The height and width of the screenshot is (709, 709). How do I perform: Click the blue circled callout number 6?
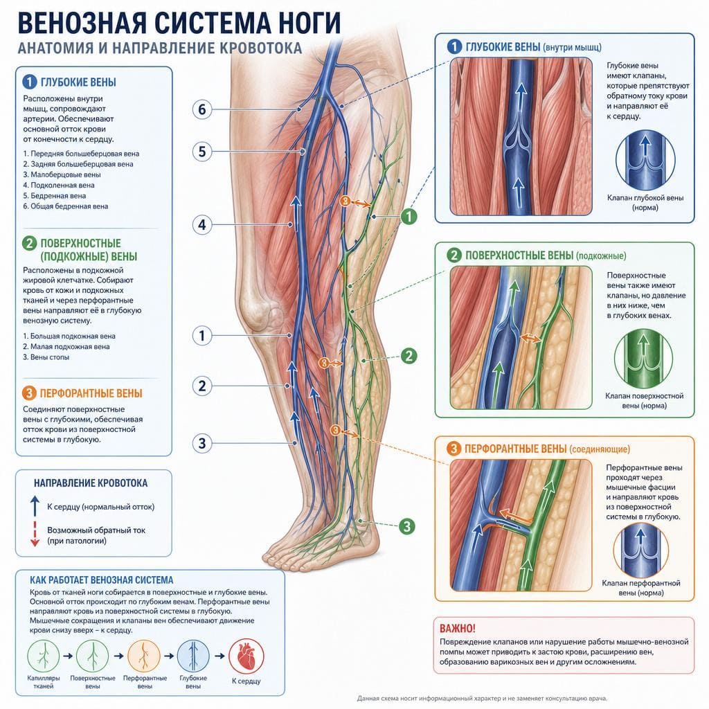pos(202,109)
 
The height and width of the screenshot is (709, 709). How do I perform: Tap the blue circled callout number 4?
pos(202,225)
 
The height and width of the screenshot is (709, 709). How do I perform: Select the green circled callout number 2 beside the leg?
pos(409,356)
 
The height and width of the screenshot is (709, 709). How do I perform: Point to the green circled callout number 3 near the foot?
pos(407,526)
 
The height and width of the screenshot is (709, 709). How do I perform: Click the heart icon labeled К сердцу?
pos(246,656)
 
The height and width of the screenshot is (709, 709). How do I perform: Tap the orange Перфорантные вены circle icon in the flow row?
pos(144,656)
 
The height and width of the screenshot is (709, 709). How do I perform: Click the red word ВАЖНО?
pos(457,629)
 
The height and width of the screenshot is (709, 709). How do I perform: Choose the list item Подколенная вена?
pos(59,185)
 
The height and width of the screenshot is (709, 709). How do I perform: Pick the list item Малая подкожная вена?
pos(66,346)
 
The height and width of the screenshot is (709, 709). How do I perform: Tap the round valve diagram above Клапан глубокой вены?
pos(645,160)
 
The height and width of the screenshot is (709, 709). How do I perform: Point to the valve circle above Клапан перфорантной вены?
pos(640,549)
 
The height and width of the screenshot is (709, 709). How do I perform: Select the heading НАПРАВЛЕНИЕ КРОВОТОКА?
pos(91,483)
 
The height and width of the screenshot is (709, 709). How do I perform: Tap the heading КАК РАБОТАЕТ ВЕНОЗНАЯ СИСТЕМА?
pos(102,580)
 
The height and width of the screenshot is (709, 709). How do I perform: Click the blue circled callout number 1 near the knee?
pos(202,336)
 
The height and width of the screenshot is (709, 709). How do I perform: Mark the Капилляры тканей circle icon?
pos(44,656)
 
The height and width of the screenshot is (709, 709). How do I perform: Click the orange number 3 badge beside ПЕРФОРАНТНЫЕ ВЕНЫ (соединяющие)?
pos(454,449)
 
